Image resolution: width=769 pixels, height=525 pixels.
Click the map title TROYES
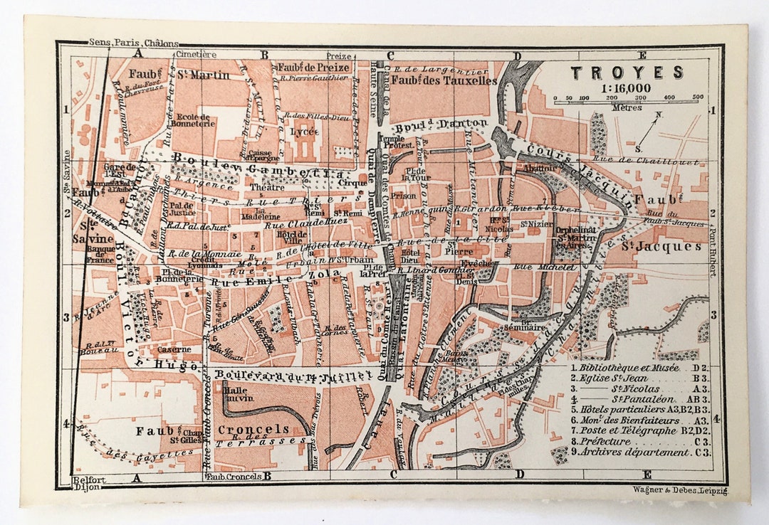(x=627, y=72)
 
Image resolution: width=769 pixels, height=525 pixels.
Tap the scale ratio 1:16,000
(x=627, y=87)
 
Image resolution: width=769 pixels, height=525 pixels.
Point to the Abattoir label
(x=539, y=169)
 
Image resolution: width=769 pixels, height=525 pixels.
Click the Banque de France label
(x=100, y=254)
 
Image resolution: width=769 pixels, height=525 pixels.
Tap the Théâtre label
(x=267, y=187)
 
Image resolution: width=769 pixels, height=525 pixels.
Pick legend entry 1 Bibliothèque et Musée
(x=627, y=368)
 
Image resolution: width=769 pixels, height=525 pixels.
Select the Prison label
(x=403, y=195)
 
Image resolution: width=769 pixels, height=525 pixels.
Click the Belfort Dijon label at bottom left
(x=89, y=484)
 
